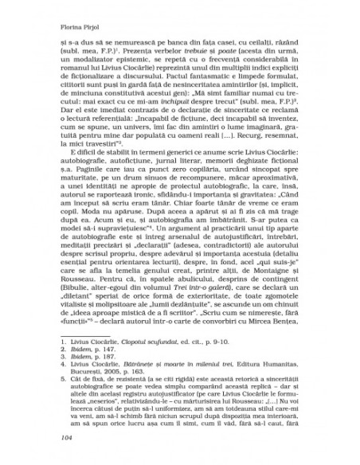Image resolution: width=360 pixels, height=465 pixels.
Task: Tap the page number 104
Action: coord(55,437)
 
